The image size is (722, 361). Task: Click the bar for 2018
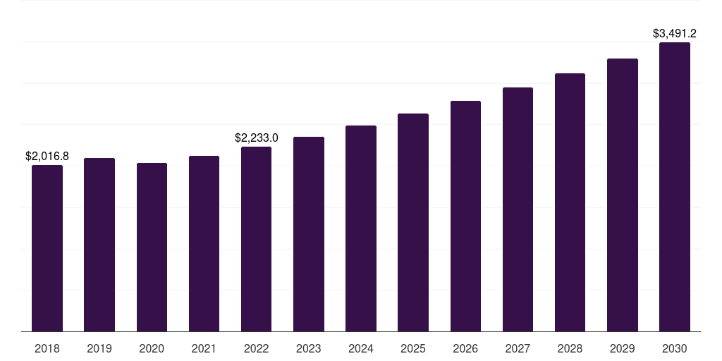pyautogui.click(x=47, y=248)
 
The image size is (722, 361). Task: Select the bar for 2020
pyautogui.click(x=152, y=247)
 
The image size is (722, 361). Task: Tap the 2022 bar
pyautogui.click(x=256, y=239)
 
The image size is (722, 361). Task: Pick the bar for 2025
pyautogui.click(x=413, y=222)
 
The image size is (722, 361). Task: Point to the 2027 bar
pyautogui.click(x=518, y=209)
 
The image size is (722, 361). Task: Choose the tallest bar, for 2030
pyautogui.click(x=675, y=187)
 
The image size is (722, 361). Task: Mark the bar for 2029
pyautogui.click(x=623, y=195)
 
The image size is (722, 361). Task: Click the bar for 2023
pyautogui.click(x=309, y=234)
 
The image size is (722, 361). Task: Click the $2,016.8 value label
pyautogui.click(x=47, y=156)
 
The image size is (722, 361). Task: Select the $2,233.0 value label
pyautogui.click(x=257, y=137)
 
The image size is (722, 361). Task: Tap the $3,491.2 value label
pyautogui.click(x=675, y=33)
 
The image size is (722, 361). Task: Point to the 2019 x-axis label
pyautogui.click(x=99, y=348)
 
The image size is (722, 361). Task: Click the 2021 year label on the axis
pyautogui.click(x=204, y=348)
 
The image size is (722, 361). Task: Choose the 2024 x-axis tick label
pyautogui.click(x=361, y=348)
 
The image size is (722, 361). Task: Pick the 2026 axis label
pyautogui.click(x=465, y=348)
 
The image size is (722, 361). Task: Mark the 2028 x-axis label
pyautogui.click(x=570, y=348)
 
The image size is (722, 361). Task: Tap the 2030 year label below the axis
pyautogui.click(x=675, y=348)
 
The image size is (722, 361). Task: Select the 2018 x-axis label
pyautogui.click(x=47, y=348)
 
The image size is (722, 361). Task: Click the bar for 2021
pyautogui.click(x=204, y=243)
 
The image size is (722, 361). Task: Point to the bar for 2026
pyautogui.click(x=465, y=216)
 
